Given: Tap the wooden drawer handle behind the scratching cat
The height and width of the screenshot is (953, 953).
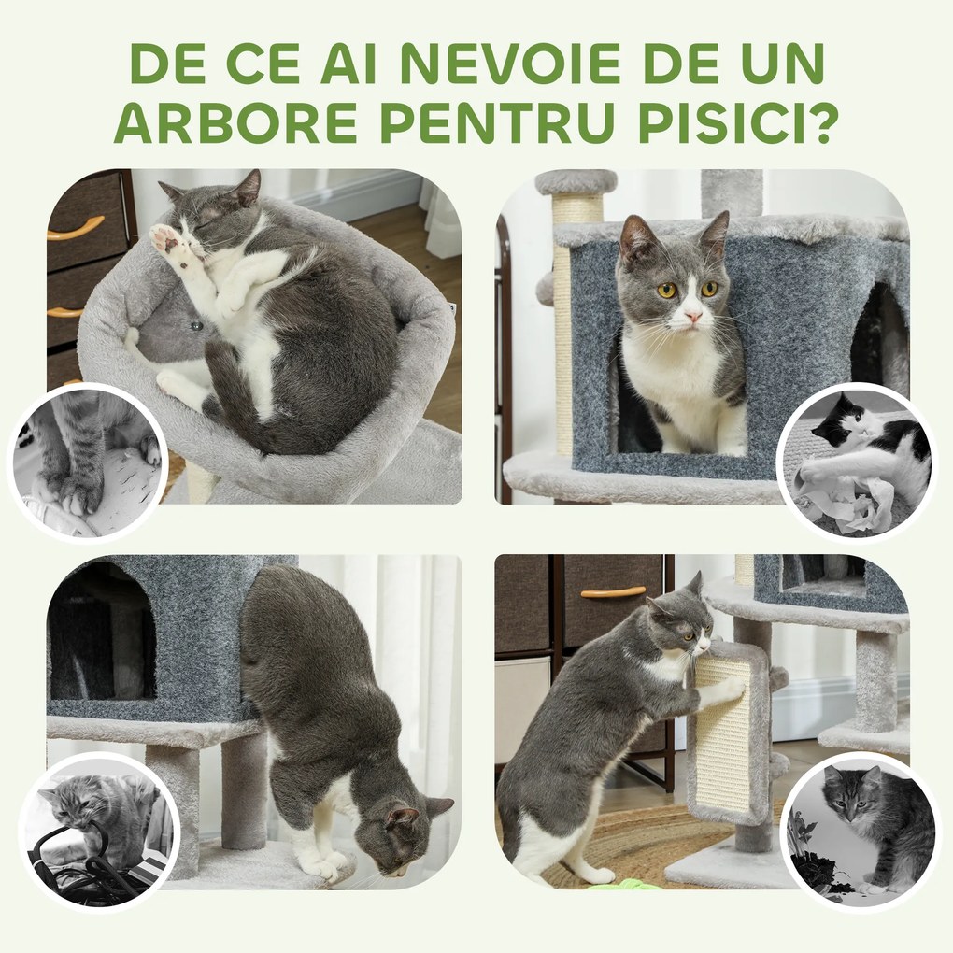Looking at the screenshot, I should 613,591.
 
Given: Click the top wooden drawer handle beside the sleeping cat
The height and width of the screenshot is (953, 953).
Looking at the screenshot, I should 76,228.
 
